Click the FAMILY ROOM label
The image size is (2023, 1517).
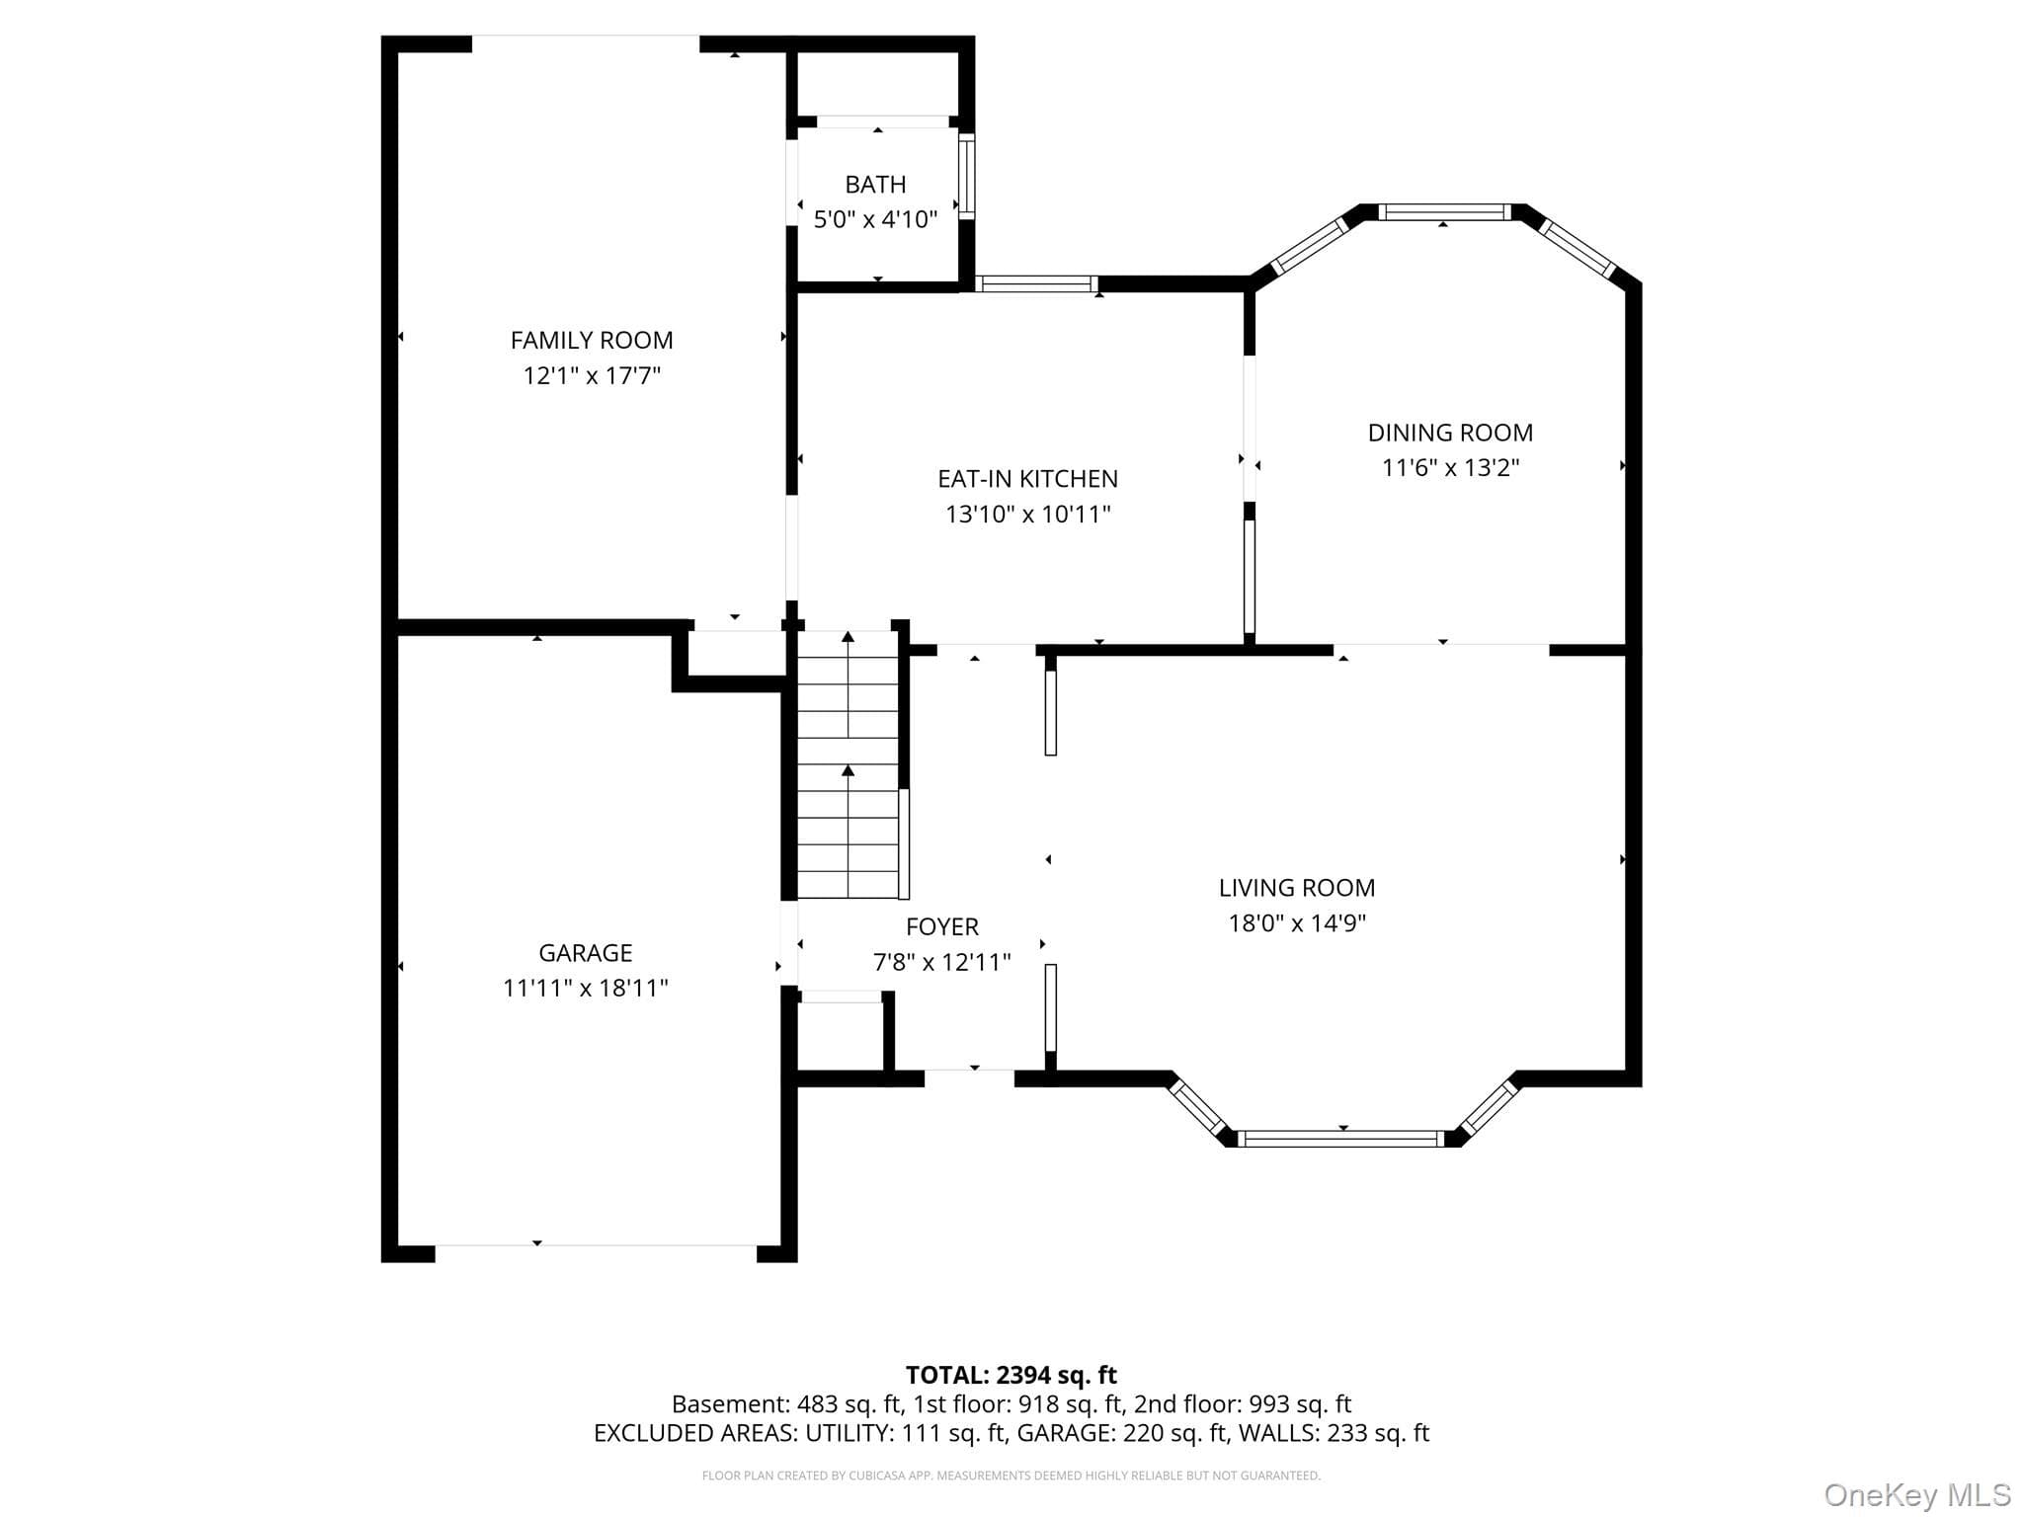[592, 341]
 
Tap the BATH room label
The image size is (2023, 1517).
[875, 185]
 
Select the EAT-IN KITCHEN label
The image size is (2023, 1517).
[1027, 479]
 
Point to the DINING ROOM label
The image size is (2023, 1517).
[1450, 433]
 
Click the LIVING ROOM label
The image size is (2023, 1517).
[1296, 888]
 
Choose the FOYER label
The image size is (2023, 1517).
[942, 926]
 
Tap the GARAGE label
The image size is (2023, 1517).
[585, 953]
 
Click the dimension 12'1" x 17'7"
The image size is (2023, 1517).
[592, 376]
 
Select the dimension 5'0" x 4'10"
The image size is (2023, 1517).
[875, 219]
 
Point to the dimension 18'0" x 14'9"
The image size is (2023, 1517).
[1296, 923]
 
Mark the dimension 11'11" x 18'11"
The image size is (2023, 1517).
[585, 989]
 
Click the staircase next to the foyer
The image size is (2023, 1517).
[848, 764]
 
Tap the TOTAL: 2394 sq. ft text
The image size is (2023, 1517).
[1011, 1375]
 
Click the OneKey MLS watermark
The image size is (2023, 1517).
[1917, 1495]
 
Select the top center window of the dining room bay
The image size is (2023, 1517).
[1444, 211]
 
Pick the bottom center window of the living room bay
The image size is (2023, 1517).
[1341, 1139]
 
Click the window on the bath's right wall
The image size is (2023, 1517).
[967, 176]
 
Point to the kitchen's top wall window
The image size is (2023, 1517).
[1036, 284]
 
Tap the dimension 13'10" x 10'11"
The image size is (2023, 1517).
[1027, 515]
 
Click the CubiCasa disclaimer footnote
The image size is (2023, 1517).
[1011, 1476]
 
